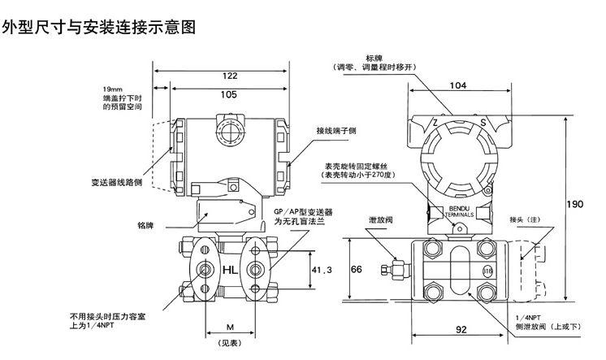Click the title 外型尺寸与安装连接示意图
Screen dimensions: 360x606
[x=98, y=28]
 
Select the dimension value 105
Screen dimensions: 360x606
[x=228, y=94]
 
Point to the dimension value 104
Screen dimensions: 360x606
[x=457, y=85]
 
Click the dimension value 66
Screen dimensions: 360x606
[x=356, y=269]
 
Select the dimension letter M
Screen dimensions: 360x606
[x=230, y=327]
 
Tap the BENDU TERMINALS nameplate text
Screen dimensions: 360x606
[x=457, y=210]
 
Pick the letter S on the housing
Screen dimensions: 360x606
[x=483, y=123]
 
